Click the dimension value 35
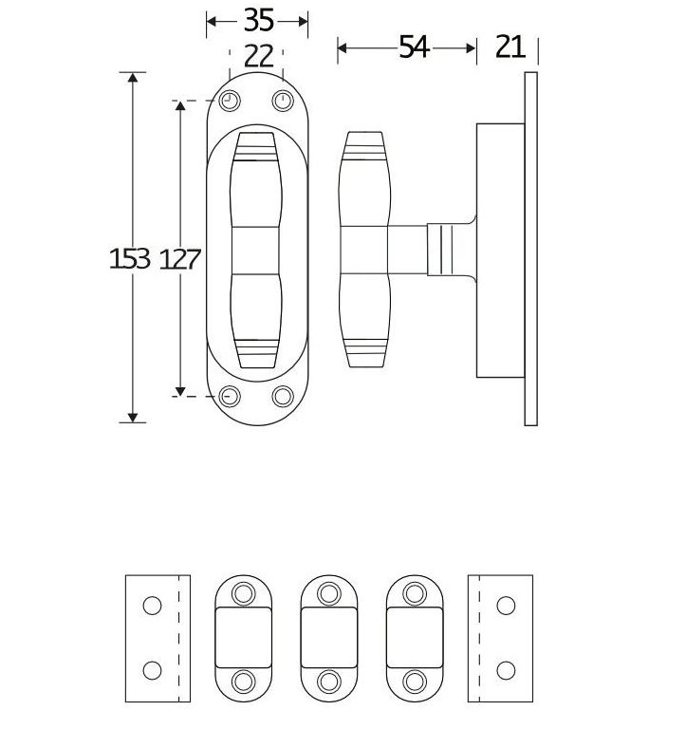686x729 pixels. coord(258,20)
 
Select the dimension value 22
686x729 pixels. coord(258,56)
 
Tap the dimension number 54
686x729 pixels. coord(414,47)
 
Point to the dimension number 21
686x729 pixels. coord(510,47)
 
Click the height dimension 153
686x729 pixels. coord(131,258)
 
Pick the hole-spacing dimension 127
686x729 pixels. coord(179,258)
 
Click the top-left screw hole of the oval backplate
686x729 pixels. coord(231,101)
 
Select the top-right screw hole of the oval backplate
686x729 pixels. coord(282,101)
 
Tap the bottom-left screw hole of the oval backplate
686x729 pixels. coord(231,396)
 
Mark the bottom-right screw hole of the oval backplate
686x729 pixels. coord(282,396)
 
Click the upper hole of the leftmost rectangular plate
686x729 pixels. coord(151,605)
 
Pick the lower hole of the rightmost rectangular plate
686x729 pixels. coord(507,670)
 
